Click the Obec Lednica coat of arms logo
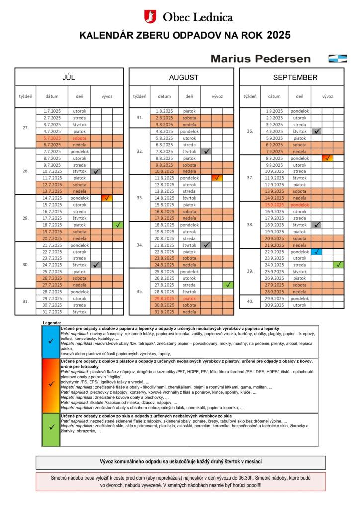[x=150, y=17]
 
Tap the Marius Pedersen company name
[x=261, y=58]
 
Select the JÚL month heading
[x=69, y=77]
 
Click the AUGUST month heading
[x=183, y=77]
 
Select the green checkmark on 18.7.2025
[x=118, y=225]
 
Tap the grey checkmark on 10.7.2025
[x=96, y=171]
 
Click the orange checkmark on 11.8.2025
[x=217, y=178]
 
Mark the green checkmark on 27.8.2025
[x=228, y=285]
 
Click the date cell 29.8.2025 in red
[x=164, y=299]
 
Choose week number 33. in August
[x=139, y=198]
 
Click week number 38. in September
[x=250, y=225]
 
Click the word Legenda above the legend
[x=52, y=323]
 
